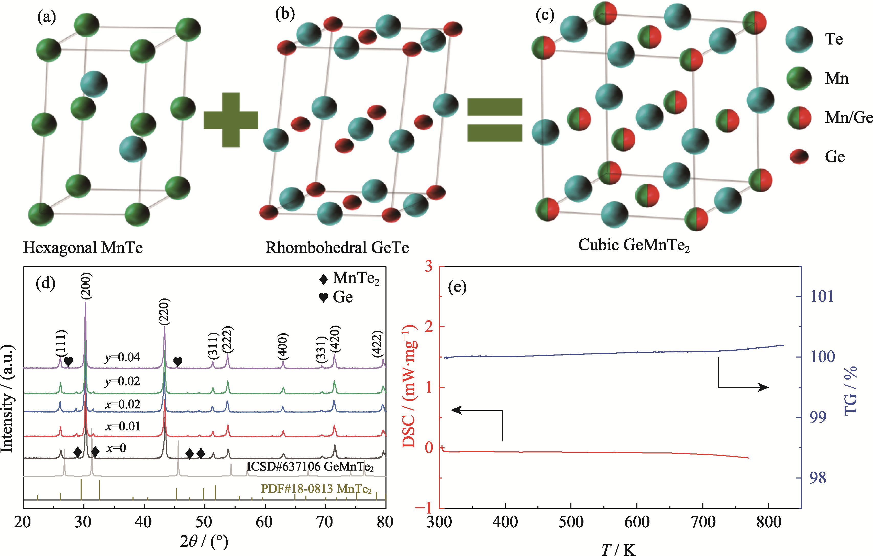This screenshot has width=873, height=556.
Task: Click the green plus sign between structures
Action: pyautogui.click(x=231, y=120)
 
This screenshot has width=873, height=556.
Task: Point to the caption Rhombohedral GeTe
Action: pyautogui.click(x=337, y=248)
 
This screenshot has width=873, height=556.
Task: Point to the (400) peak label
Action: pyautogui.click(x=283, y=346)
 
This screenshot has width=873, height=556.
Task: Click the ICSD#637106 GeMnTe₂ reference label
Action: pyautogui.click(x=310, y=466)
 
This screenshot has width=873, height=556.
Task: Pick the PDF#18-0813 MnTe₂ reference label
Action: pyautogui.click(x=316, y=489)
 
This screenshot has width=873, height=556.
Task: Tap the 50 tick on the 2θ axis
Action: pyautogui.click(x=204, y=522)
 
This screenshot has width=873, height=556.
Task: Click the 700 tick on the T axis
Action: pyautogui.click(x=703, y=522)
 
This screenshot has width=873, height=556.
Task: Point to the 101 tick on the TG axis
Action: pyautogui.click(x=822, y=296)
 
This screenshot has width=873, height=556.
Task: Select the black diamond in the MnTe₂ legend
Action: pyautogui.click(x=323, y=279)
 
